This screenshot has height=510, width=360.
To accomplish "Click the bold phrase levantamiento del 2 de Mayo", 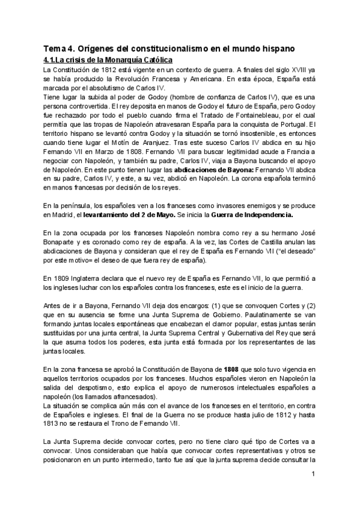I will [115, 214].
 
